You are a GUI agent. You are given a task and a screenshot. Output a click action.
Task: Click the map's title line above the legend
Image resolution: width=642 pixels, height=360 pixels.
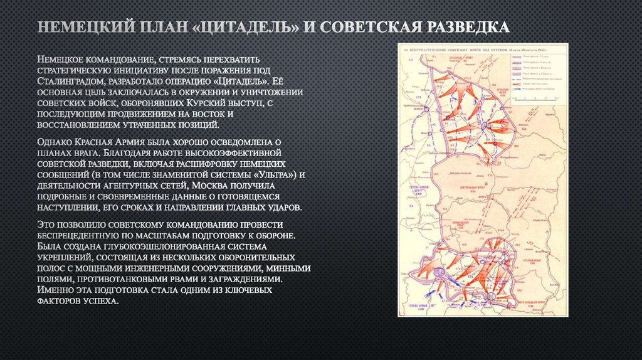click(483, 49)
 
